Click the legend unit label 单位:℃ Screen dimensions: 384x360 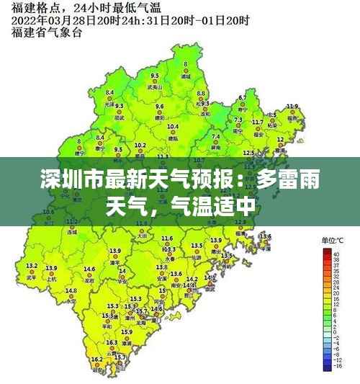pyautogui.click(x=333, y=240)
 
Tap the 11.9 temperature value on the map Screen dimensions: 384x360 pyautogui.click(x=292, y=107)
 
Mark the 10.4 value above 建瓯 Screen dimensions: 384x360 pyautogui.click(x=173, y=127)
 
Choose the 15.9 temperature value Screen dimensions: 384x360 pyautogui.click(x=125, y=331)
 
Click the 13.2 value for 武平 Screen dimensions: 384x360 pyautogui.click(x=31, y=267)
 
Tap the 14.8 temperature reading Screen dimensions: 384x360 pyautogui.click(x=71, y=290)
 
